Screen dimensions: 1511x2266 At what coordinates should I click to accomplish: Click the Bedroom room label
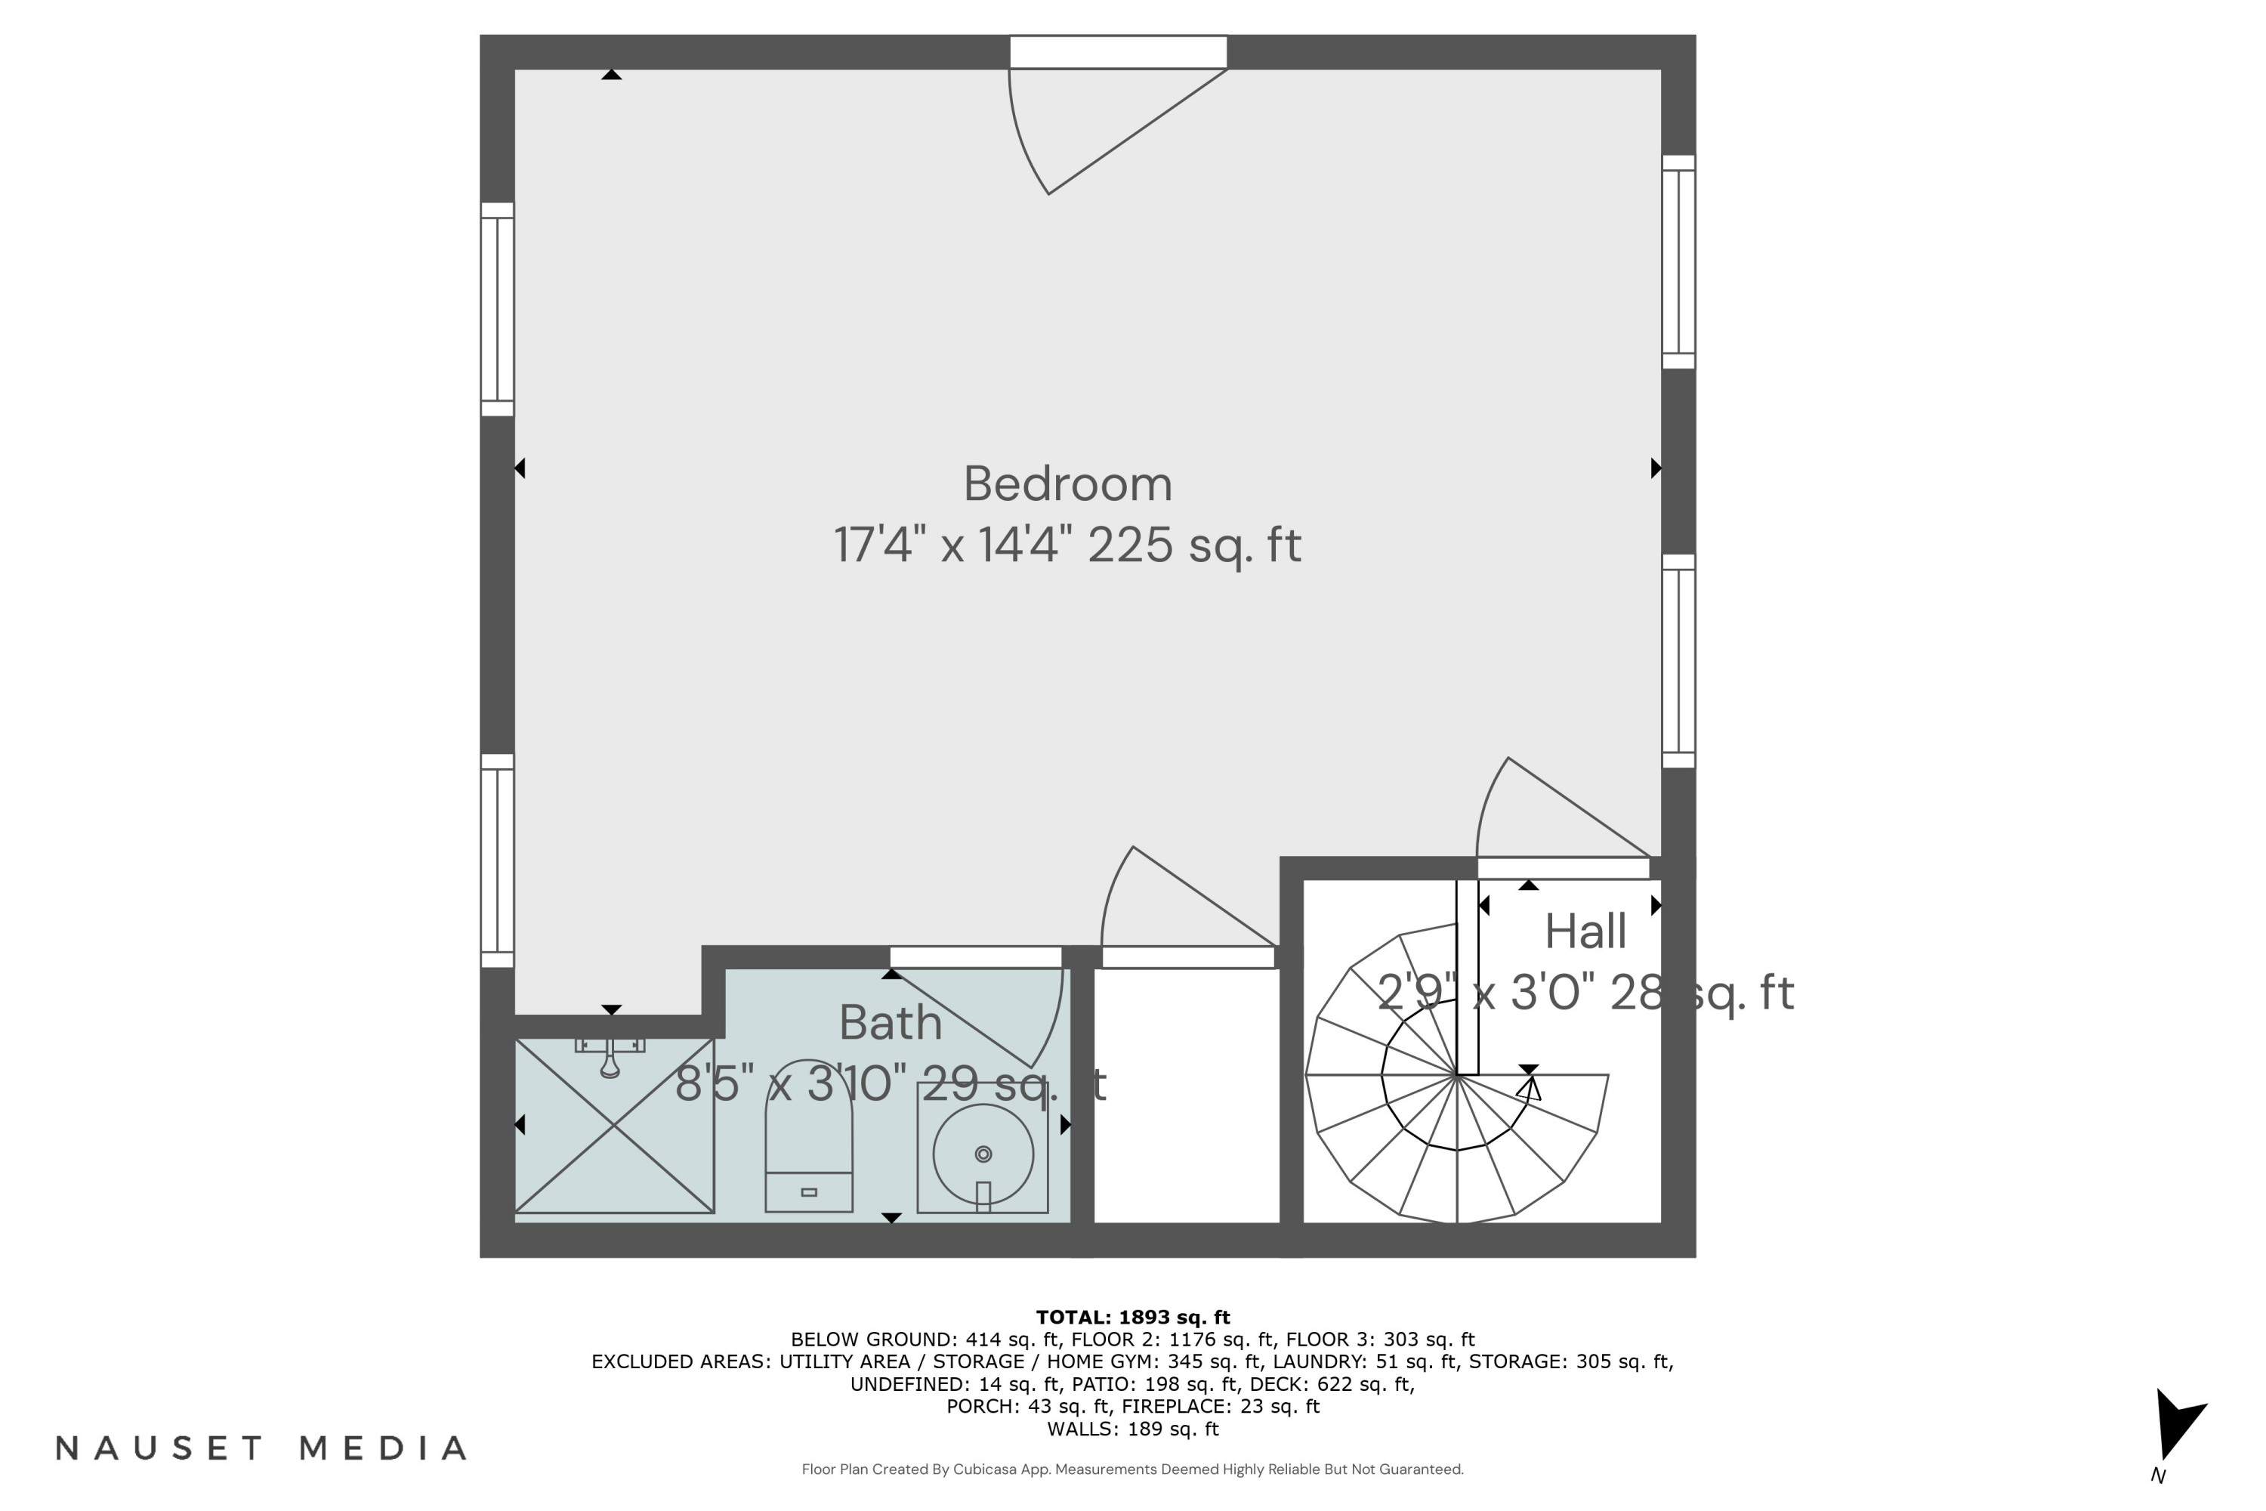point(1067,484)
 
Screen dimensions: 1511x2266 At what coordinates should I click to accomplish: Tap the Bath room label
point(891,1022)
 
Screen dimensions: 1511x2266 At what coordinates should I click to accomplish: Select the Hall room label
point(1585,931)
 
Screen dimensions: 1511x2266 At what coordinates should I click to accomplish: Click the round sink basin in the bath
point(983,1154)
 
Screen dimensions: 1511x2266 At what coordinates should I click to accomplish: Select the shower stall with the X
point(613,1126)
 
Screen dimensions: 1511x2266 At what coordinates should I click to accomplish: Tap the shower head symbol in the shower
point(610,1056)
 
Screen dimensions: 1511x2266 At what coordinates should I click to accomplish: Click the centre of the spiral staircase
point(1457,1074)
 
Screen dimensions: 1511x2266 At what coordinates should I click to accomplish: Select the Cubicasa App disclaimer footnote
point(1132,1469)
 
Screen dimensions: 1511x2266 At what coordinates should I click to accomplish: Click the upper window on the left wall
point(497,308)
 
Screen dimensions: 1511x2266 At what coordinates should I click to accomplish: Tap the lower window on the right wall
point(1678,661)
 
